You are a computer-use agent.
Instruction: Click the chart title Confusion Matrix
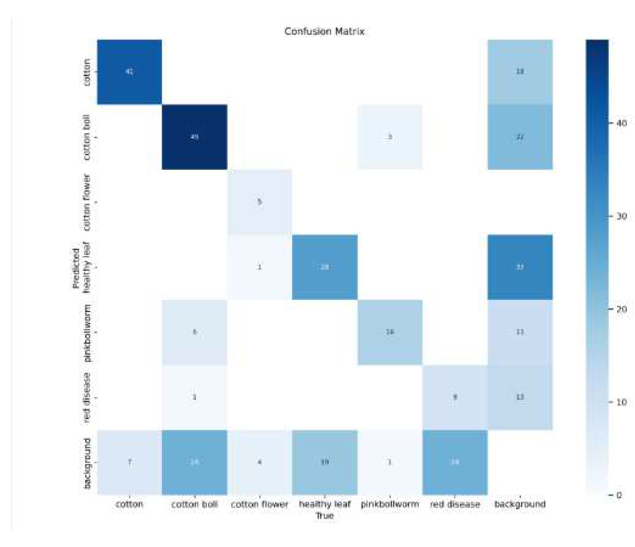tap(324, 31)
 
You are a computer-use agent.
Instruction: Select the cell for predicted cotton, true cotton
tap(130, 72)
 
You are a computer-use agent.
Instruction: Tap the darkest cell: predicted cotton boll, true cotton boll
tap(194, 137)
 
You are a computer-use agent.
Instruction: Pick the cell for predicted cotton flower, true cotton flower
tap(260, 202)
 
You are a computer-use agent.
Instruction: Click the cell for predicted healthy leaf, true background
tap(520, 267)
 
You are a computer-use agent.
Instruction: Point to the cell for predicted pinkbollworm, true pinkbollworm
tap(390, 332)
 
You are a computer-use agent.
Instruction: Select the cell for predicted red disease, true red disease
tap(455, 397)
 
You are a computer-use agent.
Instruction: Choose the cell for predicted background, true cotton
tap(130, 462)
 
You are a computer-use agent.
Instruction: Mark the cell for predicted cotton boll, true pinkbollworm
tap(390, 137)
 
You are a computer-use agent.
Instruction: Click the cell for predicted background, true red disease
tap(455, 462)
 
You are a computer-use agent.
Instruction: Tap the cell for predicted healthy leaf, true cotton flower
tap(260, 267)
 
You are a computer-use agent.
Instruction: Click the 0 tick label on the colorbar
tap(619, 495)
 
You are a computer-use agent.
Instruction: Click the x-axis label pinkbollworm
tap(390, 504)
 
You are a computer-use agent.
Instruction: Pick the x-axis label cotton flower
tap(260, 504)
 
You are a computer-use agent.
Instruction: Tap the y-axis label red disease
tap(87, 397)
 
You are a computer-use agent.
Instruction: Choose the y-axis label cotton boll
tap(87, 137)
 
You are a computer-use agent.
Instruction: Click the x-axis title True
tap(324, 516)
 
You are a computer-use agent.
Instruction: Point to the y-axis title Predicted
tap(76, 267)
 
